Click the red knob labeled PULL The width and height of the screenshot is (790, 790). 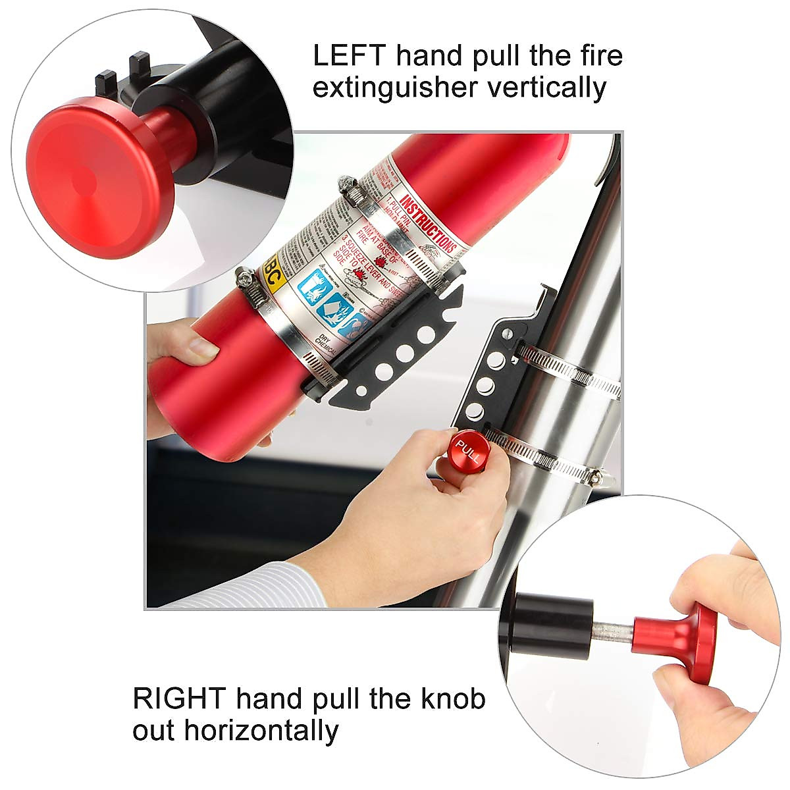point(467,451)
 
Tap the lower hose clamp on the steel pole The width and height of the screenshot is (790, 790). point(560,461)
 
